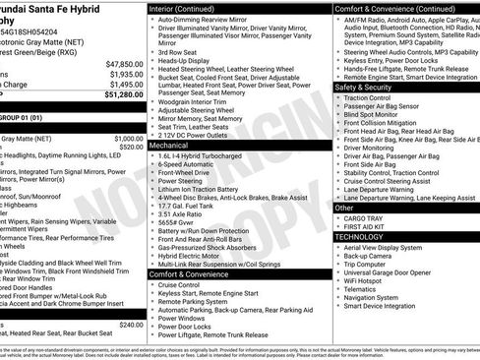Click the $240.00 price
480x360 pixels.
click(131, 324)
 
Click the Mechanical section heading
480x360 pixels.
click(169, 144)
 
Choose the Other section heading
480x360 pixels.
click(345, 209)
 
